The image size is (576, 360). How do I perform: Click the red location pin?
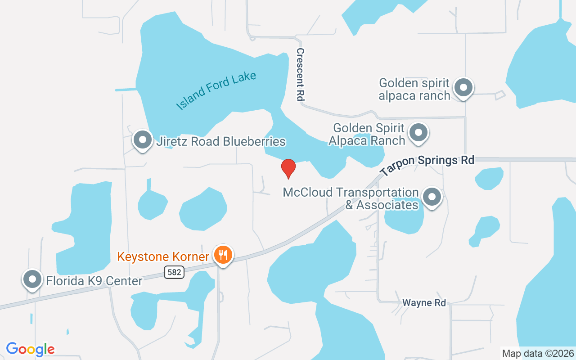coord(288,168)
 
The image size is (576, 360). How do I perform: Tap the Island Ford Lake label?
coord(216,90)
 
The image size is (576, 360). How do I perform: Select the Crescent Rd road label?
coord(301,74)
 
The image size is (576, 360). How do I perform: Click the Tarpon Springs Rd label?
coord(427,165)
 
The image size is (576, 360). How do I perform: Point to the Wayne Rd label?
coord(424,303)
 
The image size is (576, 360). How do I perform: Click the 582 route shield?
coord(174,271)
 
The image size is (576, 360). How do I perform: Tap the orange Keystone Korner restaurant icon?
coord(222,255)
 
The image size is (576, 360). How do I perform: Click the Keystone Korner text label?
coord(163,257)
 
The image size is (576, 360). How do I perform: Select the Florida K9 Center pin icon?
coord(32,279)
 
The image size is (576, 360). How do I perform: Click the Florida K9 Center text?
coord(94,281)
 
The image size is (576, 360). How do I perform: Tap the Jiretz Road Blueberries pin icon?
coord(143,140)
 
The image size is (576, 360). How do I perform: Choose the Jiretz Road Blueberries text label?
coord(221,141)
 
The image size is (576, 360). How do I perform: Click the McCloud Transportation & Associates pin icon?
coord(432,197)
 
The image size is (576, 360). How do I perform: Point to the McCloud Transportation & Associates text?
coord(351,198)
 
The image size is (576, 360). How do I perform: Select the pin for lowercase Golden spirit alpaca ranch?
coord(463,88)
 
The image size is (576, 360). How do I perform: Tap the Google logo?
coord(30,349)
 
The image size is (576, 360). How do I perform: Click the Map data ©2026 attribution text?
coord(538,353)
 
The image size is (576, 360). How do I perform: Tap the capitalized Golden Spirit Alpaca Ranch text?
coord(367,135)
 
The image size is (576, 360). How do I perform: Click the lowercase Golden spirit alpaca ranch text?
coord(414,89)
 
